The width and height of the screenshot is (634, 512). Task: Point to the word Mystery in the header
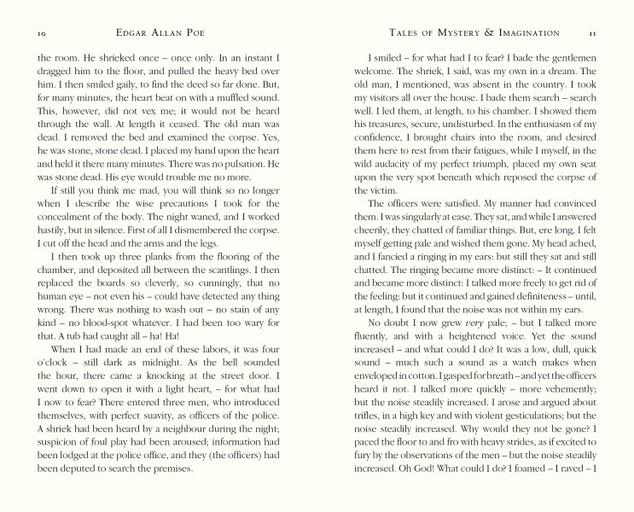point(443,32)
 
